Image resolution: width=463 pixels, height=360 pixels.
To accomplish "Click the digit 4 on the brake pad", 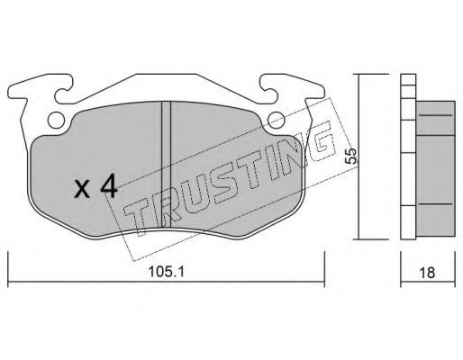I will coord(108,187).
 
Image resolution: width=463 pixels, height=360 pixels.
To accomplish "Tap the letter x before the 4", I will coord(82,190).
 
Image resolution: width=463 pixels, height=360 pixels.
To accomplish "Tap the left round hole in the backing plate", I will coord(57,120).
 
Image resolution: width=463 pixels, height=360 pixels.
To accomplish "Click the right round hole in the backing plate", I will coord(273,120).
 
